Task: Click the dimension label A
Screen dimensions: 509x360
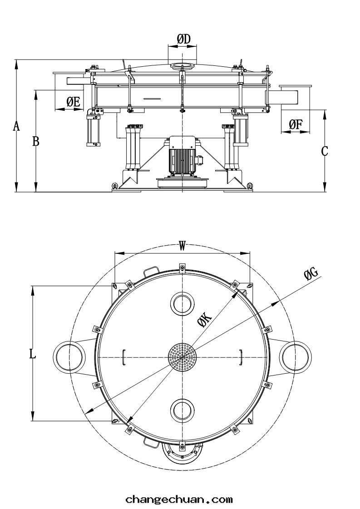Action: (x=16, y=126)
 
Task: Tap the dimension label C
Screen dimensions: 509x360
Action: (x=325, y=151)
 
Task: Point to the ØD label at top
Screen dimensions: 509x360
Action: (x=182, y=40)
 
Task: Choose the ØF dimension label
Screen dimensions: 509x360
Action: (x=296, y=124)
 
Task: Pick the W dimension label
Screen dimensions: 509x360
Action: (x=182, y=246)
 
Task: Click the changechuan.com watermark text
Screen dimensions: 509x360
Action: (x=179, y=500)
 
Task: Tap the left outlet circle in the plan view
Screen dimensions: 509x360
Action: (x=69, y=356)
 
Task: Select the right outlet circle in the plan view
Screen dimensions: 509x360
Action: (x=296, y=356)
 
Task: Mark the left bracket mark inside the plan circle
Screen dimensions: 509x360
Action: (x=124, y=356)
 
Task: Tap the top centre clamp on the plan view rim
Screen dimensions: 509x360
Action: (x=182, y=267)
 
